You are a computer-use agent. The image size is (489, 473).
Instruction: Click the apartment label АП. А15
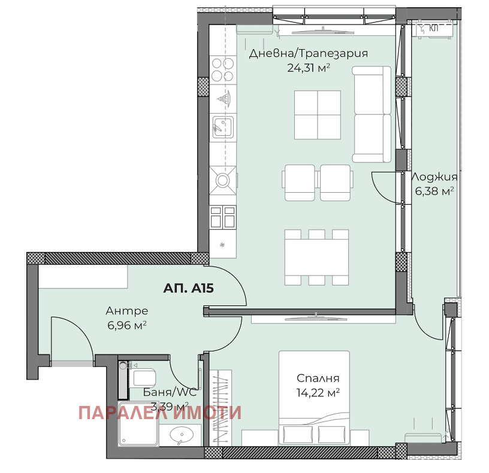click(188, 288)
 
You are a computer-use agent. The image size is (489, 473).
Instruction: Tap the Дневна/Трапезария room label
click(309, 54)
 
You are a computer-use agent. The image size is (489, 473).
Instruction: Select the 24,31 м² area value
click(309, 68)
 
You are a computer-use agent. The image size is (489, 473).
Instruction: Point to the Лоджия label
click(434, 177)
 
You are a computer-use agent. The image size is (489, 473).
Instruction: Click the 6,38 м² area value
click(434, 190)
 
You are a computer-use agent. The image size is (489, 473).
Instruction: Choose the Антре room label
click(127, 311)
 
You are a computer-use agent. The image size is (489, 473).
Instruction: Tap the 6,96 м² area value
click(127, 325)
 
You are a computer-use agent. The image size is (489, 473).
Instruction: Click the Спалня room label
click(318, 378)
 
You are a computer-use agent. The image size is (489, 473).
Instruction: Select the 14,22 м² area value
click(318, 393)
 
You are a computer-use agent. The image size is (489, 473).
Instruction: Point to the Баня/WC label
click(170, 392)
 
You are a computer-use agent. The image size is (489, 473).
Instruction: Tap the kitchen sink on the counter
click(223, 127)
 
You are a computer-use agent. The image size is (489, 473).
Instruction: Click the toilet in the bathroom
click(142, 378)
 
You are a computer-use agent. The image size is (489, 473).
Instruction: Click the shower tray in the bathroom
click(138, 424)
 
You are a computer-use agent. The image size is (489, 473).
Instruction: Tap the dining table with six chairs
click(316, 257)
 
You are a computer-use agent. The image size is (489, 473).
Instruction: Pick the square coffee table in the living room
click(318, 115)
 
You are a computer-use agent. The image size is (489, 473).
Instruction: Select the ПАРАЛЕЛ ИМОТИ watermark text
click(160, 413)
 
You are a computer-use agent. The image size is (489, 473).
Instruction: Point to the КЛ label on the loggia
click(434, 28)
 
